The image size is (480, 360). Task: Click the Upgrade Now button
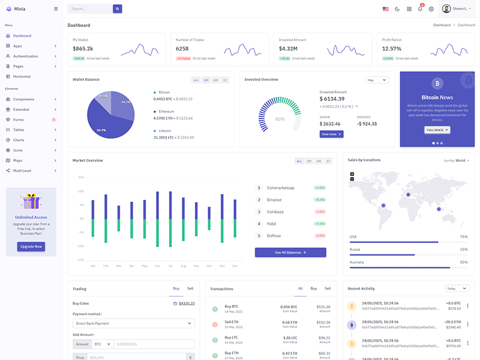31,247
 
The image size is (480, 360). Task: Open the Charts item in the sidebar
19,140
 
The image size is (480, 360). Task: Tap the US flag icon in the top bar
385,9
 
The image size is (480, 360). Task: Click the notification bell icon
420,9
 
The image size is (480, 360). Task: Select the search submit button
118,9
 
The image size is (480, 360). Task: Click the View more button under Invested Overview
331,134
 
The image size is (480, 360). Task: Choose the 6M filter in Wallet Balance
215,80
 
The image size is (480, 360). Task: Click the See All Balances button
290,253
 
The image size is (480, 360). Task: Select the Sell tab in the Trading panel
190,289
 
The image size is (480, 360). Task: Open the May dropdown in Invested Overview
377,80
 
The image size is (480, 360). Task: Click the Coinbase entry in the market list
275,212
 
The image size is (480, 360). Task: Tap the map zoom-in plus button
352,175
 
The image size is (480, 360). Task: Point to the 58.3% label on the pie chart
101,130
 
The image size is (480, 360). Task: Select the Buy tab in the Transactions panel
313,289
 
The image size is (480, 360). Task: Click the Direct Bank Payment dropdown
133,323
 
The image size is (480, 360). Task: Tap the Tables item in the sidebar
19,130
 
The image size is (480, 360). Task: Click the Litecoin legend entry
164,130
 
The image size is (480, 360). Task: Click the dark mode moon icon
397,9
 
